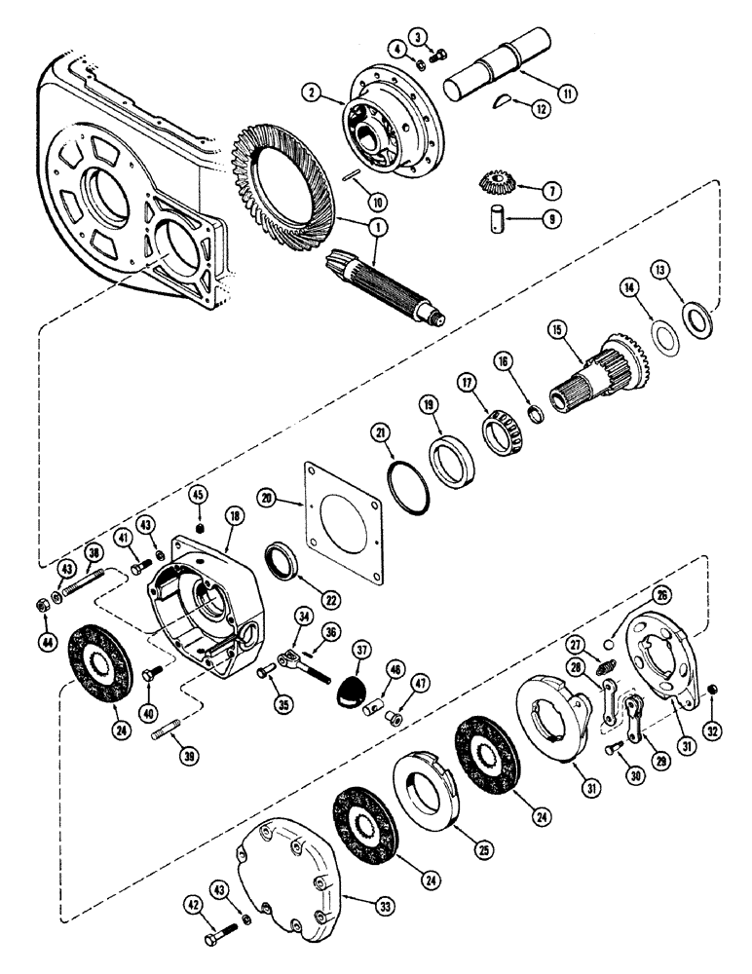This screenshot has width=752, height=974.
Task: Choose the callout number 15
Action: pyautogui.click(x=554, y=333)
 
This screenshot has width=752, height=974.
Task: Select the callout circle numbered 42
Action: pyautogui.click(x=195, y=905)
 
